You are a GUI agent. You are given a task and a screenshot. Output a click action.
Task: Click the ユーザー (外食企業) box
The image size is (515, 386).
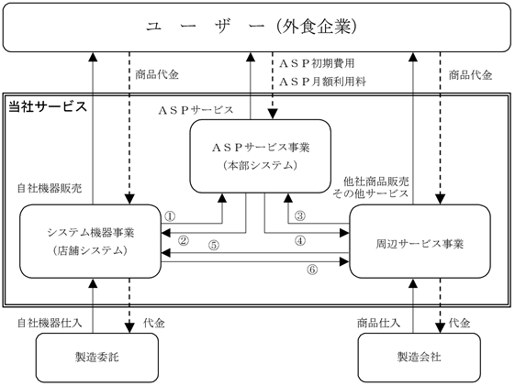click(x=257, y=28)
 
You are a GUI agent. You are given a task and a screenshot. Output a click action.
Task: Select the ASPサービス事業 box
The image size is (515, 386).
click(x=261, y=156)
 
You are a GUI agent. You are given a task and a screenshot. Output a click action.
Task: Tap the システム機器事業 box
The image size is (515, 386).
click(x=90, y=241)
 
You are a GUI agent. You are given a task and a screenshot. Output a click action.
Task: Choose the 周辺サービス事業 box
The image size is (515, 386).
click(x=420, y=241)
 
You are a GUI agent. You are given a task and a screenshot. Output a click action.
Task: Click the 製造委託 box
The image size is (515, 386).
click(x=97, y=358)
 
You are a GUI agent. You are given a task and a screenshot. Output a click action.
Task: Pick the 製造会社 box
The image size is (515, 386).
click(x=420, y=358)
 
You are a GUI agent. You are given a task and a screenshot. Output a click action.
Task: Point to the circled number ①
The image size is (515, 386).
click(x=170, y=216)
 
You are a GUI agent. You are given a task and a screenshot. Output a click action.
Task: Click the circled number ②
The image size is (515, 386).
click(x=184, y=241)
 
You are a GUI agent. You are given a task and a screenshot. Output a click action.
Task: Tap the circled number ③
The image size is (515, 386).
click(x=300, y=216)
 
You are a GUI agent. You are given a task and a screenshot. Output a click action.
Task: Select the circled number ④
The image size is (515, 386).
click(x=300, y=241)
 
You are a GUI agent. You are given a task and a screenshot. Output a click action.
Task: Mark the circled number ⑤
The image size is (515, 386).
click(x=214, y=246)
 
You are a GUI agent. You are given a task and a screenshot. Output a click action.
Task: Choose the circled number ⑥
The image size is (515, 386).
click(x=312, y=270)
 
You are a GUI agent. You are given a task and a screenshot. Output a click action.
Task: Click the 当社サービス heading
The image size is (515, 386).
click(x=48, y=106)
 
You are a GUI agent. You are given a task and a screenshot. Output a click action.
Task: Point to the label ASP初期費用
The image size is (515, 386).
click(x=317, y=63)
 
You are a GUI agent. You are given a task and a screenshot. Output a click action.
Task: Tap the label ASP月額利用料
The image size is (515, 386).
click(x=322, y=82)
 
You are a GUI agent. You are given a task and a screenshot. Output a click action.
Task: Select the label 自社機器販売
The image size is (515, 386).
click(x=50, y=189)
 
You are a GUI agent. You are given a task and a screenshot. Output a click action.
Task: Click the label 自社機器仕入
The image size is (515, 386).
click(x=50, y=323)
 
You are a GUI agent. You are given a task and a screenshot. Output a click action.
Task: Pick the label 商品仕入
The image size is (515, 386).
click(x=379, y=323)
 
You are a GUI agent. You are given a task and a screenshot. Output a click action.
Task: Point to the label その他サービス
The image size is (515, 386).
click(x=371, y=193)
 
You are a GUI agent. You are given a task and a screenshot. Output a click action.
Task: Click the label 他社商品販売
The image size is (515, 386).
click(x=376, y=182)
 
